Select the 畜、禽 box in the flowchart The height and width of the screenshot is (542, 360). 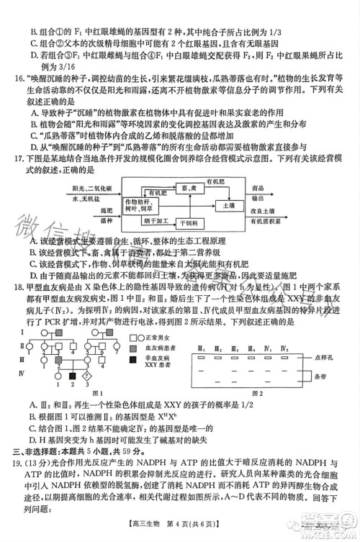(192, 186)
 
